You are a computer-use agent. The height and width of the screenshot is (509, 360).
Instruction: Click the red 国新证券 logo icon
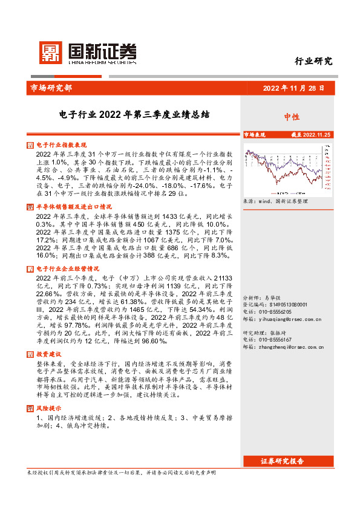pos(50,53)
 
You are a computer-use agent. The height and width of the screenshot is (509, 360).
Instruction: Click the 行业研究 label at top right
pos(313,61)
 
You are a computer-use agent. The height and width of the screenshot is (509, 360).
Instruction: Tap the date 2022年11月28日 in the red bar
pos(293,88)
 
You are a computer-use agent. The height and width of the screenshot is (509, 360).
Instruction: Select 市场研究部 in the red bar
pos(51,88)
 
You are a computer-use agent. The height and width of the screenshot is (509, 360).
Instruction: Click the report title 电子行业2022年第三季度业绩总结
pos(134,114)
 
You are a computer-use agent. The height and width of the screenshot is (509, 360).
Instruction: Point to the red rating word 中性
pos(292,117)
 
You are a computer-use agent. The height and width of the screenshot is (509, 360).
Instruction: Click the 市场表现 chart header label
pos(255,135)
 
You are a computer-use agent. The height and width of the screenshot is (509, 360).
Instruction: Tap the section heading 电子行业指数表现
pos(62,146)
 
